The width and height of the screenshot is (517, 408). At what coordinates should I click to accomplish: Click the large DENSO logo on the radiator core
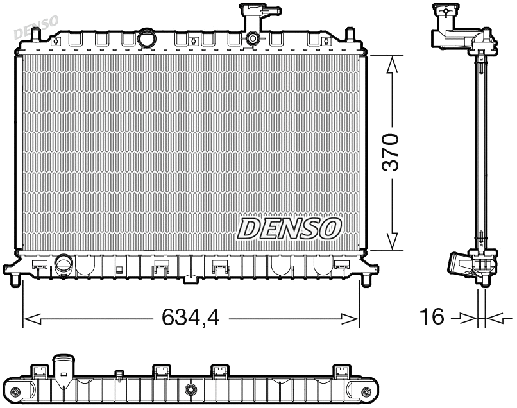tap(289, 228)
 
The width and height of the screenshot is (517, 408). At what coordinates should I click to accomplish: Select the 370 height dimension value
tap(390, 153)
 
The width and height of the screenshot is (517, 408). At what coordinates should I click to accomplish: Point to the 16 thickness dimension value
tap(432, 317)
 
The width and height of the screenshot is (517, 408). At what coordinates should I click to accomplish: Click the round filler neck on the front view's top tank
tap(147, 39)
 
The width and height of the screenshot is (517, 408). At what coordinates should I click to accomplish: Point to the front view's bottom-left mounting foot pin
tap(15, 280)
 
